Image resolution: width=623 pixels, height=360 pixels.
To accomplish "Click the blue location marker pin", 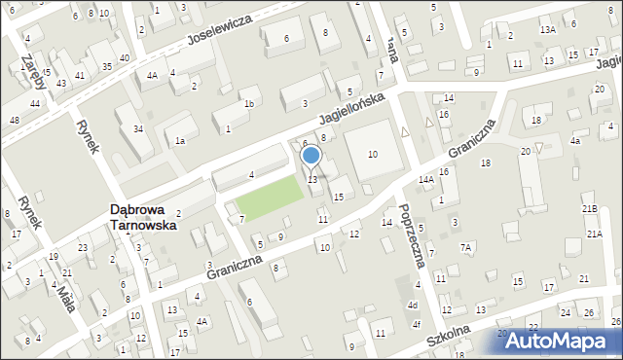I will [x=311, y=155].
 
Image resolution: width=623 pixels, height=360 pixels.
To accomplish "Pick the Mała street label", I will [x=64, y=293].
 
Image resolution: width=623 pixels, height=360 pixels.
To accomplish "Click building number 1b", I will [x=249, y=103].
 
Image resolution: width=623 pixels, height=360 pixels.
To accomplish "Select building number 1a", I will [x=180, y=141].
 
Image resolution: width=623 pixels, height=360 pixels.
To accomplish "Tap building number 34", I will [x=138, y=128].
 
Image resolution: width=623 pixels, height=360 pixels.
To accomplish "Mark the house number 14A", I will [x=426, y=180].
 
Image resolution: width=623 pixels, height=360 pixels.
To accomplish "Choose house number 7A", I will [x=466, y=247].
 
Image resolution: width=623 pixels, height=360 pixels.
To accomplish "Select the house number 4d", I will [x=413, y=306].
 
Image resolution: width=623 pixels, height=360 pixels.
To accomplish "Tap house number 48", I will [x=14, y=120].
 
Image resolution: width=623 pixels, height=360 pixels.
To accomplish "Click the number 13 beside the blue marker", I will [x=312, y=179].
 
